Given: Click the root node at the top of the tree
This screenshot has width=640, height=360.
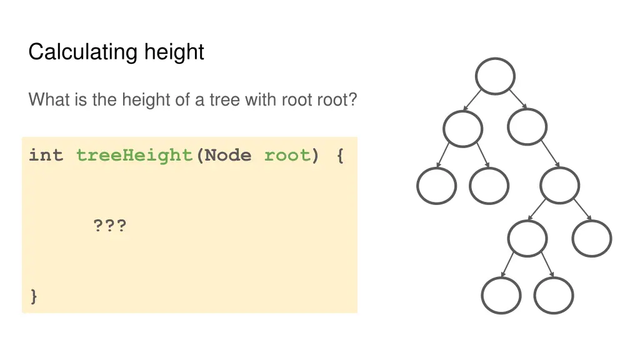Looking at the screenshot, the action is [x=495, y=76].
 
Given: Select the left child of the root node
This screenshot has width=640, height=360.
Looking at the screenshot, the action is [x=462, y=129].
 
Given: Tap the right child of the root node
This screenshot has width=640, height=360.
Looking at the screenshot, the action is [x=527, y=127].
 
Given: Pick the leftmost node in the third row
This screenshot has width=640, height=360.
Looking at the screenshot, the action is [x=436, y=186].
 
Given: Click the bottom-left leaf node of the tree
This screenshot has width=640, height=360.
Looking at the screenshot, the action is [x=501, y=295].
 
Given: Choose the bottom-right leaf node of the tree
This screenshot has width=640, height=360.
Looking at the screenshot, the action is [x=554, y=295].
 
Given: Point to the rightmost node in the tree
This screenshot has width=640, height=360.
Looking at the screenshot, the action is [x=592, y=238].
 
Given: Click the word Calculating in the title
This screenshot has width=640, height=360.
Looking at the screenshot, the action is [x=84, y=51].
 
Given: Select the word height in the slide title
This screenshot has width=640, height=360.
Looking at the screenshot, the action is [x=174, y=51].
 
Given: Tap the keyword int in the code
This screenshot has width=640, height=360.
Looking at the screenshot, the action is [x=46, y=155].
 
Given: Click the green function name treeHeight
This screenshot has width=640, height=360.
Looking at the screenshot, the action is [x=134, y=155].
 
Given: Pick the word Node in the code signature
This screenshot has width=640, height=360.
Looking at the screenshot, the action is [x=228, y=155].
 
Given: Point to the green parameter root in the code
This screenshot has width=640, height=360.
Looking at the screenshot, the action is [x=287, y=155].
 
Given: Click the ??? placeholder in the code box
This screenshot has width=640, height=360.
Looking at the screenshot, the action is [x=109, y=225].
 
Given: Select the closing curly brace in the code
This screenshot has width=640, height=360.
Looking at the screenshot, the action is [x=34, y=296].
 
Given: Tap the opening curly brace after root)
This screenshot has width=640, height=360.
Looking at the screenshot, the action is [x=339, y=155].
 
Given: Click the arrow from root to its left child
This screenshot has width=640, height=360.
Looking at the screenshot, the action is [x=473, y=100].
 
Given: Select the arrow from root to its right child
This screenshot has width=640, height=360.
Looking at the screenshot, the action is [x=517, y=98].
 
